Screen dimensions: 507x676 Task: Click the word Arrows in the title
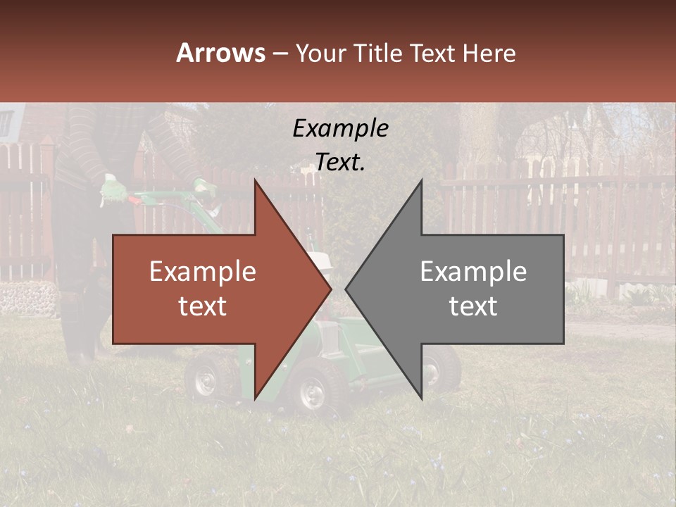221,53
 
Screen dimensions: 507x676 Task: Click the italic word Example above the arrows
340,128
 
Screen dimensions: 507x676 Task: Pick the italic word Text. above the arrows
340,163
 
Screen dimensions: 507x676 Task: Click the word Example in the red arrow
203,272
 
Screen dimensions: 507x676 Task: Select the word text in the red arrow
203,306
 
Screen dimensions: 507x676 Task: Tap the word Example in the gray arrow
473,272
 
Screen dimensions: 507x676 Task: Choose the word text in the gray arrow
473,306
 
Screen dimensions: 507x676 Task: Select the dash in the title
280,54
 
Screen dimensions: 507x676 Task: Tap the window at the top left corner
6,123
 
